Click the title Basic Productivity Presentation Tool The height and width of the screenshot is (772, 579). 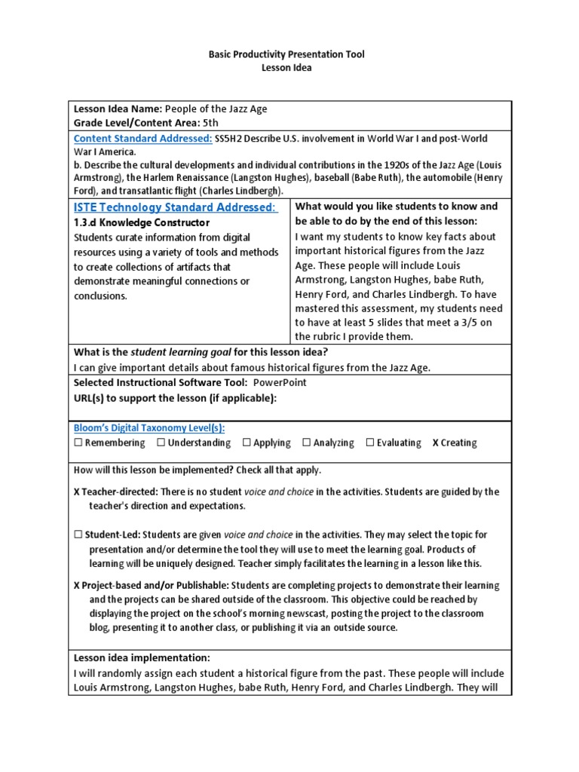click(x=289, y=55)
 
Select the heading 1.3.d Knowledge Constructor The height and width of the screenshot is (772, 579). click(x=142, y=223)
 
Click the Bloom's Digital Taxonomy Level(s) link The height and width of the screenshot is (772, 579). click(x=149, y=427)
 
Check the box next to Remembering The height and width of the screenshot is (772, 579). click(x=78, y=443)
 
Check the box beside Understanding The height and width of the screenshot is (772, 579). click(x=161, y=443)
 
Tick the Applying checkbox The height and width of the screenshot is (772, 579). click(x=247, y=443)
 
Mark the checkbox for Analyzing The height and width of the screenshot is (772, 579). click(x=306, y=443)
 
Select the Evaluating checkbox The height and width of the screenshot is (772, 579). click(x=369, y=443)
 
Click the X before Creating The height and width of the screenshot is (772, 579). click(x=435, y=443)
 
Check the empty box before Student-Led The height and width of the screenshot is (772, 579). click(x=78, y=535)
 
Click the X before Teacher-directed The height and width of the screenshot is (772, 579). click(x=77, y=492)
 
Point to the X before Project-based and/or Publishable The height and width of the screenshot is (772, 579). click(x=77, y=585)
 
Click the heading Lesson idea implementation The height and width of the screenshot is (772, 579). click(x=142, y=657)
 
